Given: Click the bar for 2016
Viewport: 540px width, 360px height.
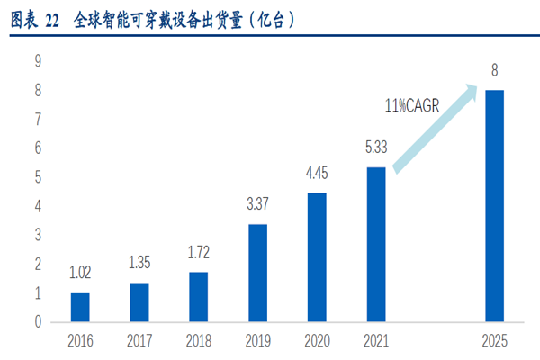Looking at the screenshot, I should tap(80, 307).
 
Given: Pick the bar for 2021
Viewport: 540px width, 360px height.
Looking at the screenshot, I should tap(375, 244).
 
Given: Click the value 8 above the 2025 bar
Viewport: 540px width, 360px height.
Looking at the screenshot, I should tap(494, 70).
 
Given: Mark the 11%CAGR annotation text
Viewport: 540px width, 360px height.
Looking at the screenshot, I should tap(412, 106).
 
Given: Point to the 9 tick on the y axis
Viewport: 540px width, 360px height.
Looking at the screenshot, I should tap(39, 61).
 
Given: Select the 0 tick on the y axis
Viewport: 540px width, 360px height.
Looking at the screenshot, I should tap(39, 322).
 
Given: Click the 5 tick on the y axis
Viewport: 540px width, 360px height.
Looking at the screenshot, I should tap(39, 177).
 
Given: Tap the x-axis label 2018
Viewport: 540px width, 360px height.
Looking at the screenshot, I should tap(198, 341).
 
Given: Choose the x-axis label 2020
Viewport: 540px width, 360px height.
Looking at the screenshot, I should tap(316, 341).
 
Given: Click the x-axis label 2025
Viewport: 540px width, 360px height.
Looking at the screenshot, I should tap(494, 341).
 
